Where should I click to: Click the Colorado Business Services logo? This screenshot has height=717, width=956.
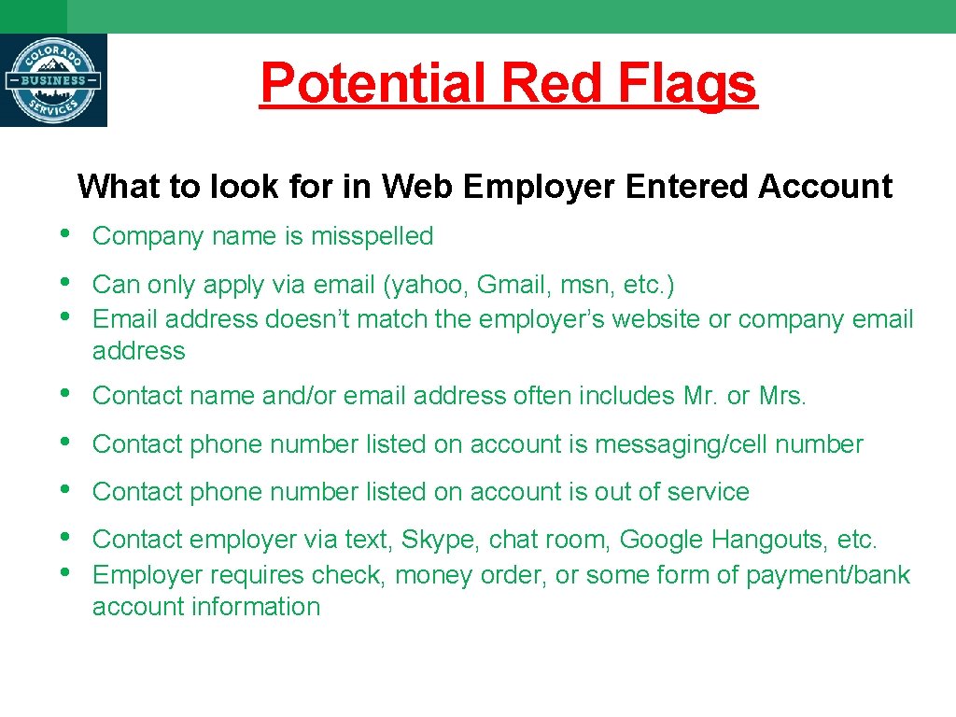[53, 80]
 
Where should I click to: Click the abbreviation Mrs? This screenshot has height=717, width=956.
[781, 396]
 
